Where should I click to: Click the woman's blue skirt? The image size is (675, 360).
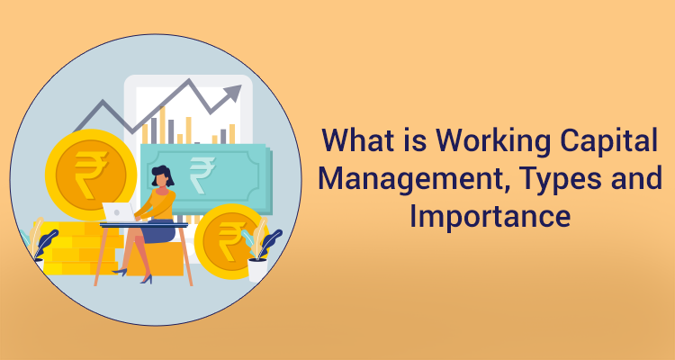tap(160, 232)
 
